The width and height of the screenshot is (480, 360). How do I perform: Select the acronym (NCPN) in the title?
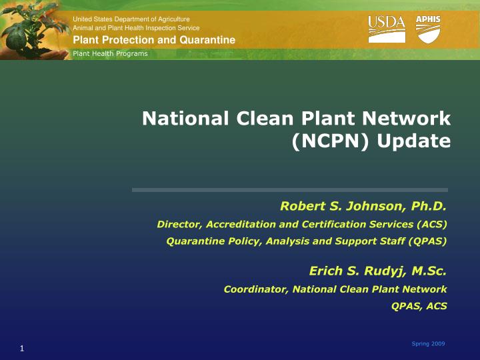327,141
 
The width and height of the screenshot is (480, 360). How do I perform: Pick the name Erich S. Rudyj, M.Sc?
377,271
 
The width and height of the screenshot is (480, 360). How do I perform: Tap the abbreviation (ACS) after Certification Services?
430,224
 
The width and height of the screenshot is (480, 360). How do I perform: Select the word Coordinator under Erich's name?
255,289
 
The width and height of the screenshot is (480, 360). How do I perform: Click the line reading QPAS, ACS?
419,306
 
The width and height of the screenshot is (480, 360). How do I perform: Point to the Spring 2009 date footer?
428,343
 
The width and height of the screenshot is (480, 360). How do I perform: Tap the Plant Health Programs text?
110,53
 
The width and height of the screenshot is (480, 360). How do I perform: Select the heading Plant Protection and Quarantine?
154,41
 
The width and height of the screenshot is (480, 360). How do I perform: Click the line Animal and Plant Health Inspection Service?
136,28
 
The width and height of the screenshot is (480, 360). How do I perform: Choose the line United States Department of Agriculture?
131,19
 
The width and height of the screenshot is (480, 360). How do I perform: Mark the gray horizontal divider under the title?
290,190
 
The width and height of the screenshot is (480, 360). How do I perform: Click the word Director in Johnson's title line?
176,224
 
